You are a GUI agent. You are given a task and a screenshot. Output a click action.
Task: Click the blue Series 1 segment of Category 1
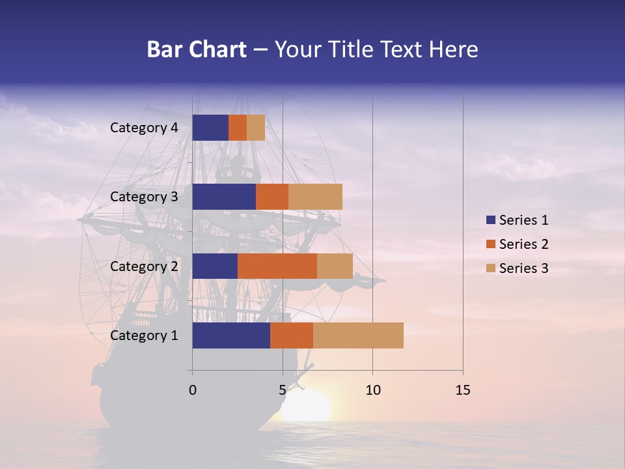point(231,335)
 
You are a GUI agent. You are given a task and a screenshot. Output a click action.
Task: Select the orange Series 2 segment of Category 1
point(292,335)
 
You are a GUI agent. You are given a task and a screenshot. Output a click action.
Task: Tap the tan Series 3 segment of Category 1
point(358,335)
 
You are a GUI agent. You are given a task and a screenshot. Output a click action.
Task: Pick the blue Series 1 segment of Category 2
point(215,266)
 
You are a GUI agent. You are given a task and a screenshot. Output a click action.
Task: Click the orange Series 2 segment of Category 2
point(277,266)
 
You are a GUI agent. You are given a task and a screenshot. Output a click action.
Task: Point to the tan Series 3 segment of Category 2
point(335,266)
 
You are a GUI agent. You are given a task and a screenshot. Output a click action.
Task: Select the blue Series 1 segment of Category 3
point(224,197)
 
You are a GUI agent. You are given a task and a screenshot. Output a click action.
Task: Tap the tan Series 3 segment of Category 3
point(315,197)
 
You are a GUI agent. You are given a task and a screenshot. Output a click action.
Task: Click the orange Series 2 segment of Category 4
point(238,128)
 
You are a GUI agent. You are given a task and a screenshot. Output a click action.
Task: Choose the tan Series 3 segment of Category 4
point(256,128)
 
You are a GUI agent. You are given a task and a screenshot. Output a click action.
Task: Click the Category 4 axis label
point(144,128)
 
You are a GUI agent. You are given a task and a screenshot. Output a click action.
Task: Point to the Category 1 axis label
point(144,335)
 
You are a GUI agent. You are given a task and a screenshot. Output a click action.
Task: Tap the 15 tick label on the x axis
point(462,390)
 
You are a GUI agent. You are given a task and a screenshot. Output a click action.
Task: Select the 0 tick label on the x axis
point(192,390)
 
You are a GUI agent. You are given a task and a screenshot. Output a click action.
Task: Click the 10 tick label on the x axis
point(372,390)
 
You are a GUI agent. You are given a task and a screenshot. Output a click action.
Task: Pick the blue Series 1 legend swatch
point(490,220)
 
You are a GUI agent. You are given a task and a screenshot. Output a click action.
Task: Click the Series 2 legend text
point(523,244)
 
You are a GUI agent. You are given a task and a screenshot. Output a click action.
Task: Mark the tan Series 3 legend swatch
point(490,268)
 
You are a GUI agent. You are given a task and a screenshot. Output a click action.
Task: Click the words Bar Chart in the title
point(197,50)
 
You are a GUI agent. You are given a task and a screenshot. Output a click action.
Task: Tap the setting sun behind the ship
point(306,407)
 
